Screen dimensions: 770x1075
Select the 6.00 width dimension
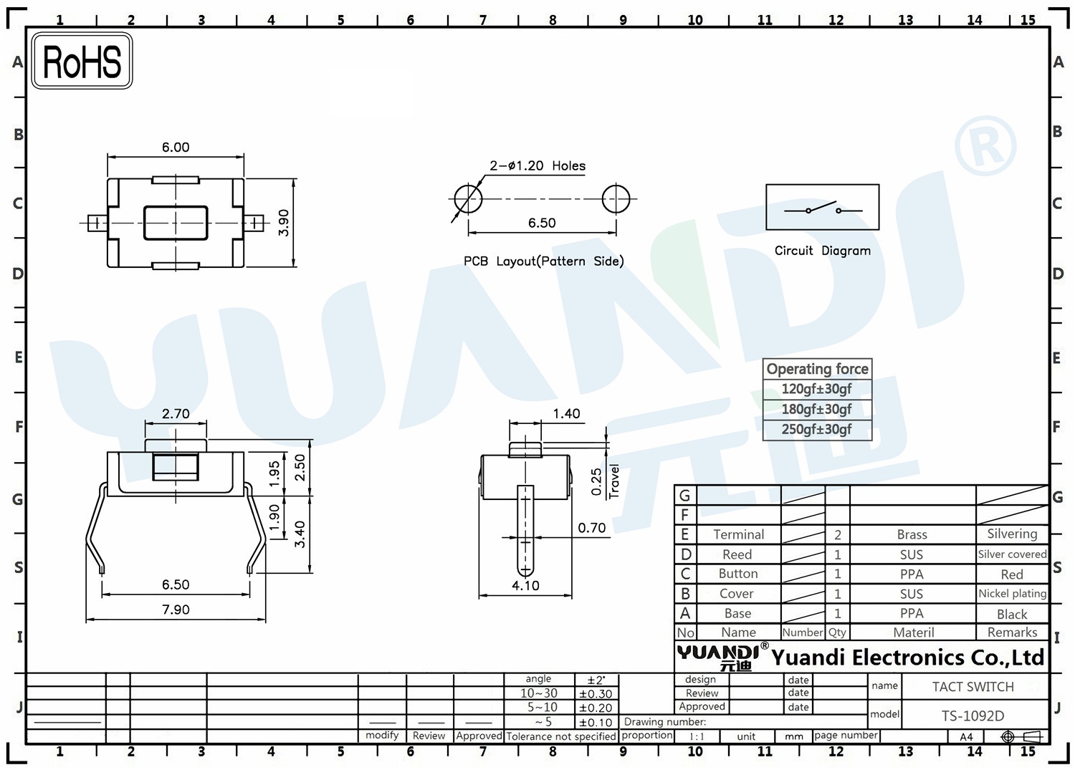176,148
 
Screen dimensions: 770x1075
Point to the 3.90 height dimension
284,223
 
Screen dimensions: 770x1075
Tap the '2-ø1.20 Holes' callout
537,166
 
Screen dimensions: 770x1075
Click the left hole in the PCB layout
468,199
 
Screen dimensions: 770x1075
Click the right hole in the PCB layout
616,199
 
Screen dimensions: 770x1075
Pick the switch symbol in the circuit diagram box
822,208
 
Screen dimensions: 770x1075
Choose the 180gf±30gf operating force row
816,409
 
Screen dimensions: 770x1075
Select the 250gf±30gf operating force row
816,429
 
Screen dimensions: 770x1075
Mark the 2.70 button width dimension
176,414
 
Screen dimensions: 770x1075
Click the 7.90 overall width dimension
176,610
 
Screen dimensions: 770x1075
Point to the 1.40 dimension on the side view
566,414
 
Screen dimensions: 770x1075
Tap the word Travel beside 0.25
614,481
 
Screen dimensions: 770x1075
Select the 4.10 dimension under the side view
525,586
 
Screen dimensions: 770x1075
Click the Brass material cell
912,534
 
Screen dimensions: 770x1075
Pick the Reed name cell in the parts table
737,554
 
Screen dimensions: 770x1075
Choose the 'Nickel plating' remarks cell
1012,594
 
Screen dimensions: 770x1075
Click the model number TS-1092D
973,716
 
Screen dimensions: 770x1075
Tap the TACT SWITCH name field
973,687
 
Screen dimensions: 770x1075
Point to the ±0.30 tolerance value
596,694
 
